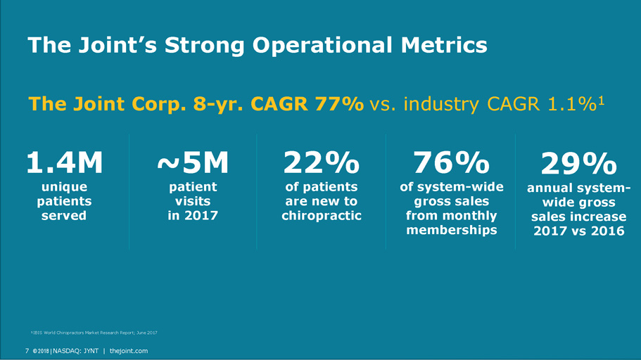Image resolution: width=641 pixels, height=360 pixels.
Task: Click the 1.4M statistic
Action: pos(64,164)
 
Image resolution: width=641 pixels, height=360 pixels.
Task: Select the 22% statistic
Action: pos(321,164)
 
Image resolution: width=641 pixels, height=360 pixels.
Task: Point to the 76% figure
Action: pos(451,164)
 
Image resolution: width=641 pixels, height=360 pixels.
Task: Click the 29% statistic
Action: pos(579,165)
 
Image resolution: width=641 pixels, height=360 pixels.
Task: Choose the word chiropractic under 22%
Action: pos(321,215)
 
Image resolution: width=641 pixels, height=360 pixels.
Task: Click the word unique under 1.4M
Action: pos(64,187)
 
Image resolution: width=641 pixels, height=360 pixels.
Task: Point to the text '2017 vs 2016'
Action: pos(579,230)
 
